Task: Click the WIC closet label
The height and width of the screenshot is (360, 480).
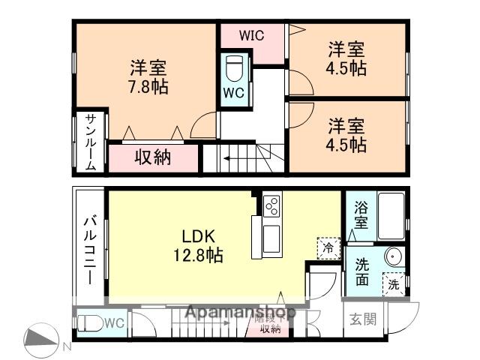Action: click(251, 35)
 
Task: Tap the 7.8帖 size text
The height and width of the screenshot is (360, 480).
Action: click(148, 86)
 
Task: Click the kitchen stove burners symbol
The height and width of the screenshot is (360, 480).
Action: click(271, 205)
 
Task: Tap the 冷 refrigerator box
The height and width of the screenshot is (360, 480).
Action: click(328, 246)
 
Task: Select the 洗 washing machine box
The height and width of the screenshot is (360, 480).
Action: click(393, 285)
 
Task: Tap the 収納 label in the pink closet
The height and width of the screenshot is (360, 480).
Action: click(153, 157)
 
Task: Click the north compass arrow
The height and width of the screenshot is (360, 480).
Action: click(41, 339)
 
